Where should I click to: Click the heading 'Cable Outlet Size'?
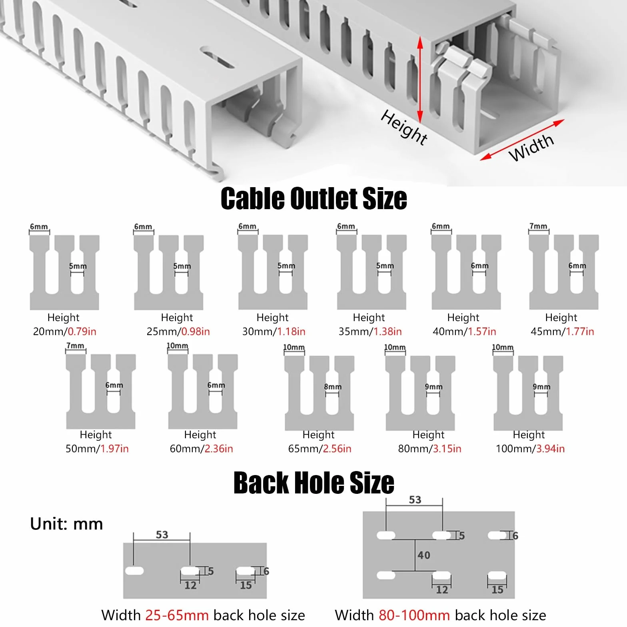(x=313, y=198)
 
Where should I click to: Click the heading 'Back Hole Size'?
(x=313, y=483)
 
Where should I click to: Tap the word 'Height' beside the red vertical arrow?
(x=404, y=127)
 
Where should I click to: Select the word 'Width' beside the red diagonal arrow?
(x=531, y=147)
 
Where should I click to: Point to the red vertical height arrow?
(x=420, y=80)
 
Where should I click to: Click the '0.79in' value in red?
(x=82, y=331)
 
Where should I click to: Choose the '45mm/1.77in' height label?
(x=562, y=331)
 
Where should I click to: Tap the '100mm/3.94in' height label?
(x=530, y=449)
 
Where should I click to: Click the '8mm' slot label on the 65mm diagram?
(x=333, y=387)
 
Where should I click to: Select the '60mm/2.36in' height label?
(x=201, y=449)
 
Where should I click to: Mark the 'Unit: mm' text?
(x=66, y=524)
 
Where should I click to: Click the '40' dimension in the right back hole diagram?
(x=424, y=555)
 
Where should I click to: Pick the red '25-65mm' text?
(x=177, y=615)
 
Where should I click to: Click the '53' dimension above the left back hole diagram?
(x=162, y=535)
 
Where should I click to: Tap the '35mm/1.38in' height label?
(x=370, y=331)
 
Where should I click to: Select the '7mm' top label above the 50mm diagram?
(x=75, y=345)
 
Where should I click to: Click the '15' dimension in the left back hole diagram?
(x=246, y=585)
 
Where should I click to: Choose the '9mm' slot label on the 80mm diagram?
(x=433, y=387)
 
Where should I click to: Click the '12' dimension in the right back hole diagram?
(x=442, y=590)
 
